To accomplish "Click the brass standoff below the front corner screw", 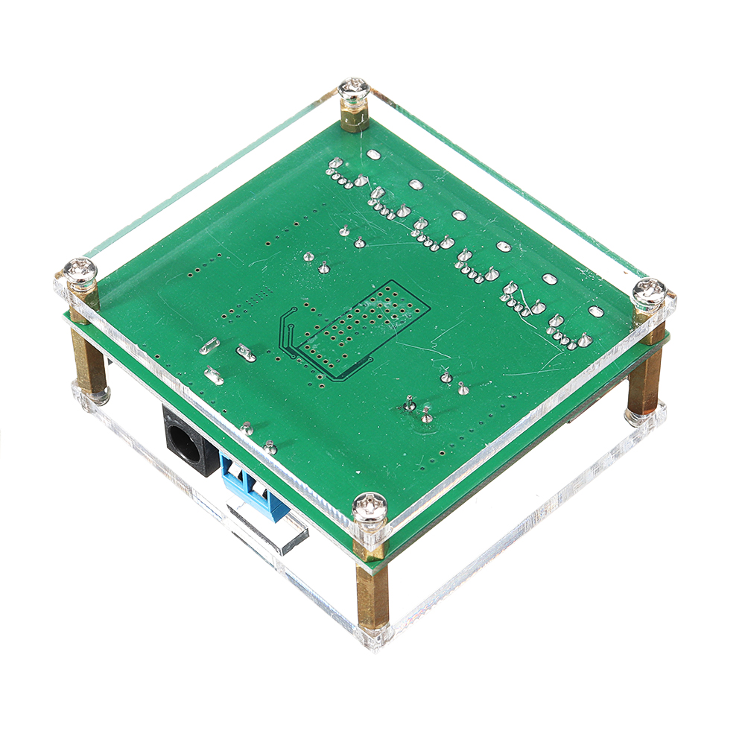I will tap(372, 589).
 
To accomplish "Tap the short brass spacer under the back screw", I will tap(355, 118).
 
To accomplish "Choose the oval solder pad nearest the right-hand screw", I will tap(595, 311).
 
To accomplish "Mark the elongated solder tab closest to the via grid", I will tap(245, 353).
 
